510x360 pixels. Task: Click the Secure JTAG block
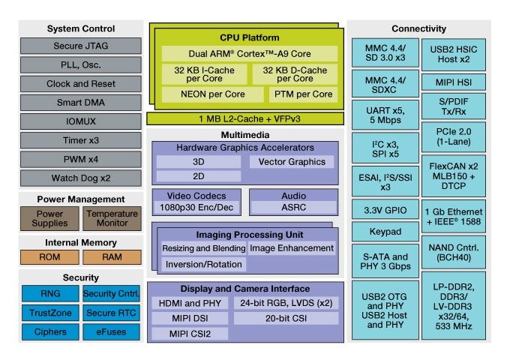tap(80, 46)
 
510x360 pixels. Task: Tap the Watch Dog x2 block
tap(80, 178)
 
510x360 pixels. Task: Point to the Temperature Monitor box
tap(111, 218)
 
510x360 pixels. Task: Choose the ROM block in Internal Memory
tap(50, 257)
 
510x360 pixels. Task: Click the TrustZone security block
tap(50, 313)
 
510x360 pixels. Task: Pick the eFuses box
tap(111, 331)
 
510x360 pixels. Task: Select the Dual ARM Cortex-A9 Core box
tap(248, 54)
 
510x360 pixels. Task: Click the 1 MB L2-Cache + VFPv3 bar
tap(245, 118)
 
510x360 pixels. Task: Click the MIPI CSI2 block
tap(190, 333)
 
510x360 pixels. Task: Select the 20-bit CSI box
tap(286, 318)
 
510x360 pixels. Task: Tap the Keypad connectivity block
tap(385, 232)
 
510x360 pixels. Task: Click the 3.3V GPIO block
tap(385, 211)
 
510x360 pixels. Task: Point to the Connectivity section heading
tap(419, 29)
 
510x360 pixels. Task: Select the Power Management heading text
tap(80, 199)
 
